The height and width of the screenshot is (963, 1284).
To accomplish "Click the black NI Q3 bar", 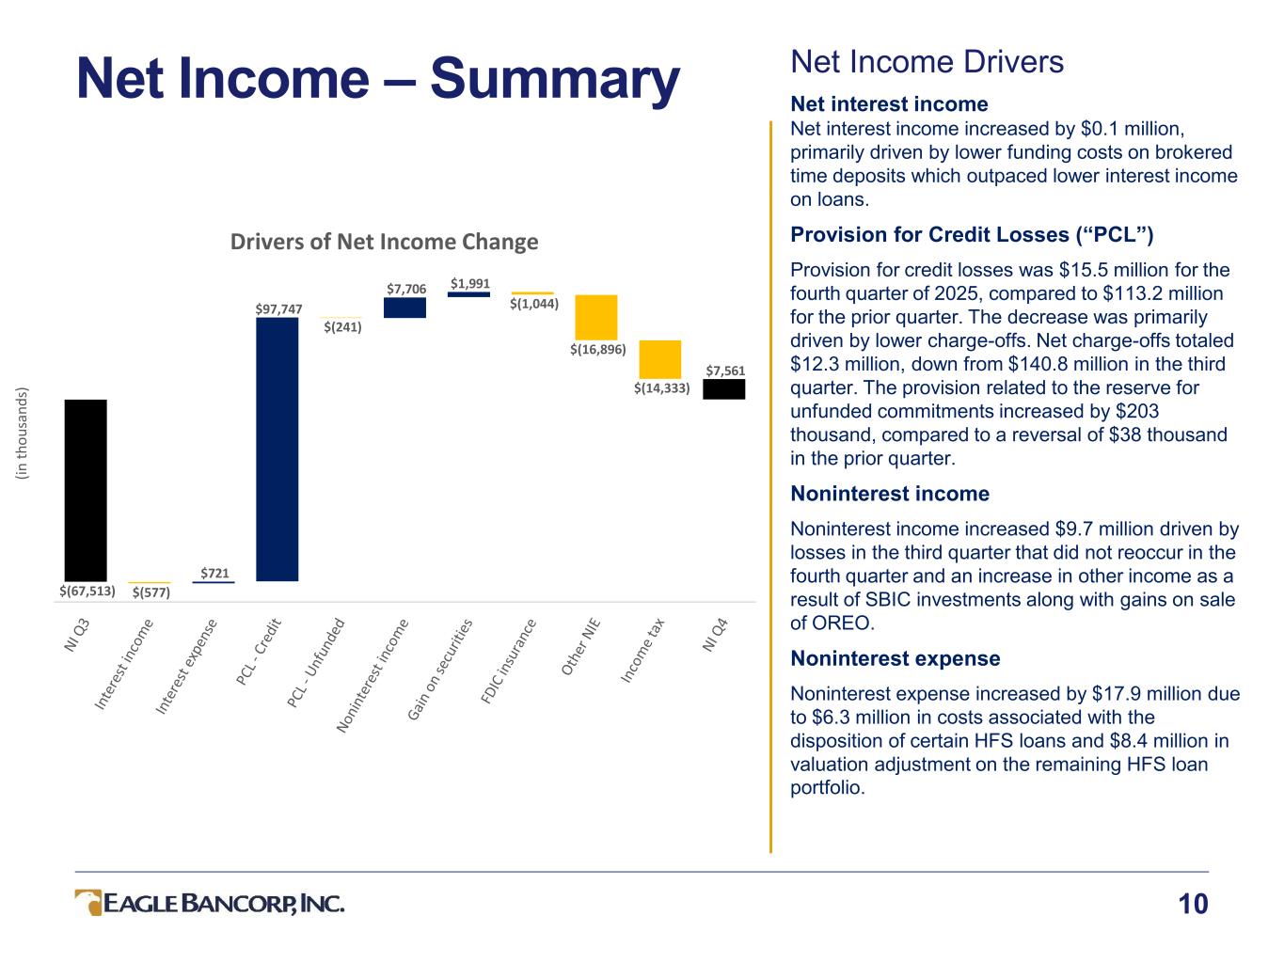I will click(x=86, y=490).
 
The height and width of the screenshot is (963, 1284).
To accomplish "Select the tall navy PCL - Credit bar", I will click(x=277, y=449).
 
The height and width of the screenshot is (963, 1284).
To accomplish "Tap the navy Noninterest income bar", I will click(x=404, y=308).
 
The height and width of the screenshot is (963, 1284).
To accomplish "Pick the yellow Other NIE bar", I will click(x=596, y=317).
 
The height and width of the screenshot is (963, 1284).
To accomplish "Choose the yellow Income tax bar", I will click(x=659, y=359).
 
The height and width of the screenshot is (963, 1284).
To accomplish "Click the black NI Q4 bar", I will click(x=723, y=389).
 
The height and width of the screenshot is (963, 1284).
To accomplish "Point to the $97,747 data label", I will click(x=279, y=308).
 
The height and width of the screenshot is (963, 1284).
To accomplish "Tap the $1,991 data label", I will click(x=469, y=283).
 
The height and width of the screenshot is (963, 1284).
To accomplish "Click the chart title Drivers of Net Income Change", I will click(x=385, y=243).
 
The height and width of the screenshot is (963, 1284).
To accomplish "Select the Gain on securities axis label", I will click(x=440, y=669).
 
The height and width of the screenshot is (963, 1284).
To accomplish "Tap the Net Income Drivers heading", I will click(x=927, y=62).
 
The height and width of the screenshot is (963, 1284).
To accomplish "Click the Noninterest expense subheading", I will click(x=895, y=658).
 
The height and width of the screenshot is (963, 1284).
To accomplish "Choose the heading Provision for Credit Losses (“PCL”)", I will click(x=972, y=234).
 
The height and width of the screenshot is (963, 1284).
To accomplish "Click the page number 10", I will click(x=1192, y=905).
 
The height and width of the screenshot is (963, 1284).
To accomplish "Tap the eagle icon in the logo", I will click(x=89, y=903).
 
